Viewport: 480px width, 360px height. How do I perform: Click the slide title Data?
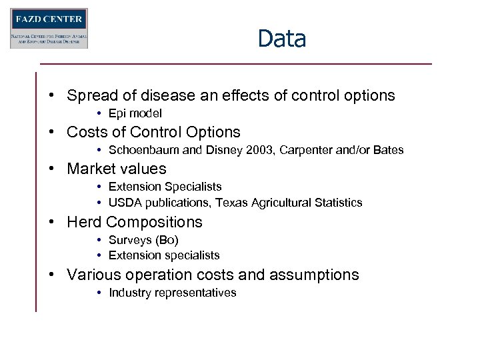click(281, 39)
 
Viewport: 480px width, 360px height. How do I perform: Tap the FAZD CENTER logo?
click(49, 28)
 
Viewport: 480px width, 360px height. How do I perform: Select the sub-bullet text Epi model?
click(135, 113)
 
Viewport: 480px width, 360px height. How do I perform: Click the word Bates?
click(388, 150)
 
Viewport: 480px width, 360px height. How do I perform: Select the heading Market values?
click(116, 169)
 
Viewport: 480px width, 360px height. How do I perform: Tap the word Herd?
click(84, 222)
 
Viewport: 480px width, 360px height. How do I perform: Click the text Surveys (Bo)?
click(143, 240)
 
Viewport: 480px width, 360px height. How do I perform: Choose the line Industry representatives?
click(172, 293)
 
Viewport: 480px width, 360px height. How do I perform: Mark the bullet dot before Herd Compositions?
click(51, 223)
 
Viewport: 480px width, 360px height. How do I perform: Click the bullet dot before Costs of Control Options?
click(51, 133)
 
